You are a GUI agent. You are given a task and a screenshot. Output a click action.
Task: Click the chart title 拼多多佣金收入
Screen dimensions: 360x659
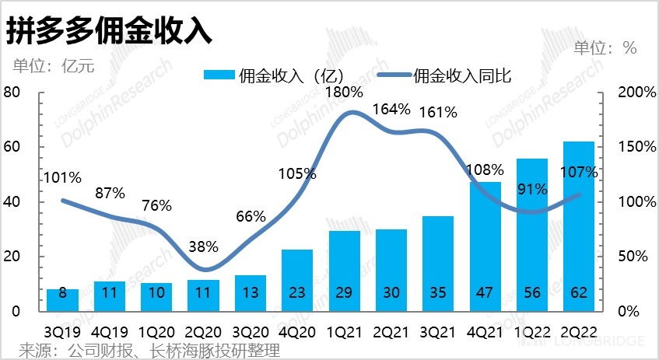pos(109,31)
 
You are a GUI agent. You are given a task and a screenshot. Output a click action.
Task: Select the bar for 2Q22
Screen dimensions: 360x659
pos(578,225)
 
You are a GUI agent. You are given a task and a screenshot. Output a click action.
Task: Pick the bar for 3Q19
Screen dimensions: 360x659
pos(63,299)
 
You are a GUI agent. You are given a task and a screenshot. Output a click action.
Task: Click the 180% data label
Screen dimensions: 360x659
pos(344,93)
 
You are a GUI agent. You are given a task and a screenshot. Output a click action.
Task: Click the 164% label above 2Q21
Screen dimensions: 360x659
pos(391,109)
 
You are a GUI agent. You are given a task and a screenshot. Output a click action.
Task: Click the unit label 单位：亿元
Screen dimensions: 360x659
pos(53,65)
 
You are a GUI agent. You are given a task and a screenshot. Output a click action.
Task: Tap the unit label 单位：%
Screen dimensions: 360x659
pos(605,48)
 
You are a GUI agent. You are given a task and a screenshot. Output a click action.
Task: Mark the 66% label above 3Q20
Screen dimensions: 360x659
pos(251,216)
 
